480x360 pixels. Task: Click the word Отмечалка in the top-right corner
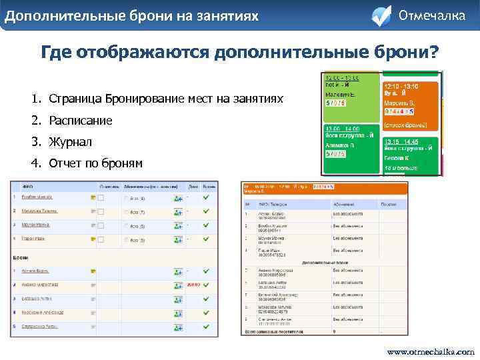click(x=431, y=15)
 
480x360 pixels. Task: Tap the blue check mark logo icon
click(x=381, y=15)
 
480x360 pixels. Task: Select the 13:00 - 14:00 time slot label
click(x=342, y=127)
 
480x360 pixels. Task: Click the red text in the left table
click(x=193, y=285)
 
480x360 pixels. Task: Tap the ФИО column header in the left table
click(x=28, y=187)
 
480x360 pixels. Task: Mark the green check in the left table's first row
click(x=207, y=197)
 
